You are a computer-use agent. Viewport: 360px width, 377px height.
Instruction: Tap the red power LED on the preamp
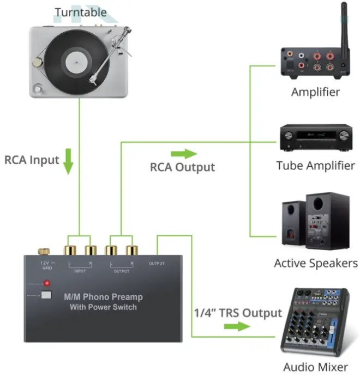(47, 283)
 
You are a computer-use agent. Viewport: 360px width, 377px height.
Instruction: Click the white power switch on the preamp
(46, 296)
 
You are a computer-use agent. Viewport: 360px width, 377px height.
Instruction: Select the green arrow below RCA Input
(68, 162)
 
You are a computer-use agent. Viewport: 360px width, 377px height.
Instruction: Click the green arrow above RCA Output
(183, 154)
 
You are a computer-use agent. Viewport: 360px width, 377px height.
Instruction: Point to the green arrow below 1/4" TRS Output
(237, 327)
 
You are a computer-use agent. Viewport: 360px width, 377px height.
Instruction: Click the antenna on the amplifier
(344, 25)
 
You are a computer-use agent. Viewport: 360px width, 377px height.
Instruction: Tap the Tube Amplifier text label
(315, 165)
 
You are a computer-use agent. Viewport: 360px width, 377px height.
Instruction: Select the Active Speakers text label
(315, 263)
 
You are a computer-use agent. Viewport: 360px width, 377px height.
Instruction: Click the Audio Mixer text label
(315, 367)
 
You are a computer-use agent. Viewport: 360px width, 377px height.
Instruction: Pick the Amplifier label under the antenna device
(315, 92)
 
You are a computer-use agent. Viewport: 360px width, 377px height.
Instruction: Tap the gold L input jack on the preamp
(70, 251)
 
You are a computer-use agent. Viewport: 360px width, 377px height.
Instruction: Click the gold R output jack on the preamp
(131, 251)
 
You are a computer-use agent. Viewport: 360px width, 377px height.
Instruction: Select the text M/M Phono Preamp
(104, 297)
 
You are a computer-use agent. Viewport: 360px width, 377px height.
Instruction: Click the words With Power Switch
(104, 307)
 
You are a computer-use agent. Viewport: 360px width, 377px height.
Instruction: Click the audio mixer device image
(314, 322)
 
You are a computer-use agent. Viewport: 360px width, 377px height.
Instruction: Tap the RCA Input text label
(31, 160)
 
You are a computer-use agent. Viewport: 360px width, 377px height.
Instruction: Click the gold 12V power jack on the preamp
(42, 252)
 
